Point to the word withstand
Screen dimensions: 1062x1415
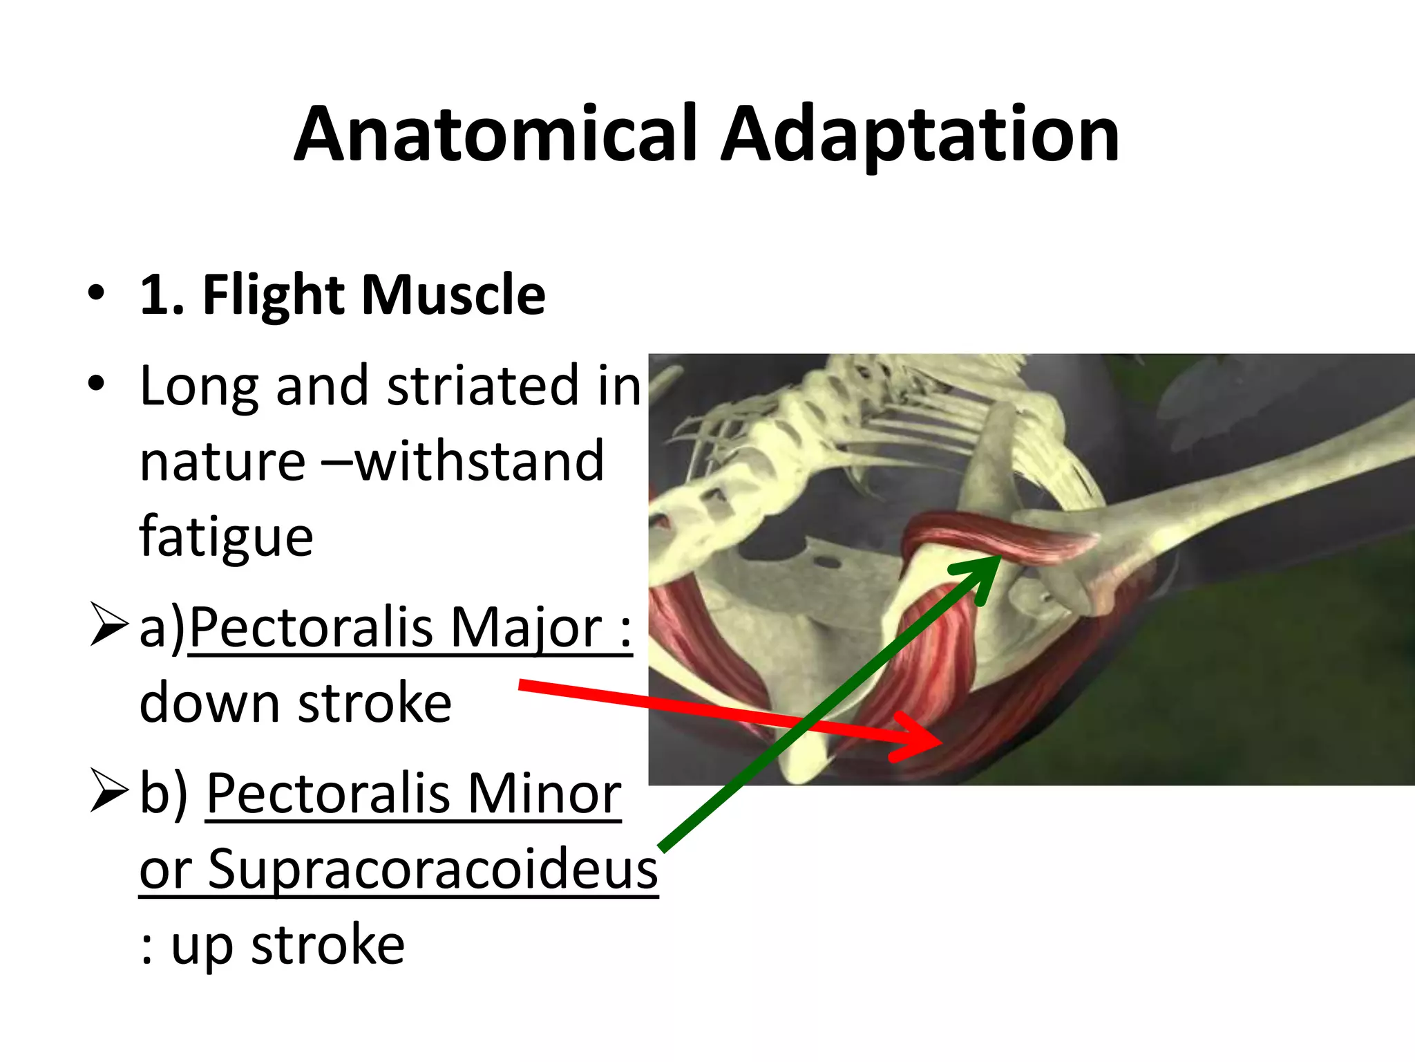click(x=479, y=461)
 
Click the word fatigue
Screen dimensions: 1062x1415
click(x=226, y=537)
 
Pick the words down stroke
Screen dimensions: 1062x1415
click(x=295, y=704)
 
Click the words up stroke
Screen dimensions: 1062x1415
click(x=287, y=945)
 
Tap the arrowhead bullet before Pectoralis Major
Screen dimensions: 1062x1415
click(x=109, y=624)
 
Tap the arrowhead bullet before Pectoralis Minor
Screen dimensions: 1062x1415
click(x=109, y=790)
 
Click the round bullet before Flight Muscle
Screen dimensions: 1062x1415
click(x=96, y=293)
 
